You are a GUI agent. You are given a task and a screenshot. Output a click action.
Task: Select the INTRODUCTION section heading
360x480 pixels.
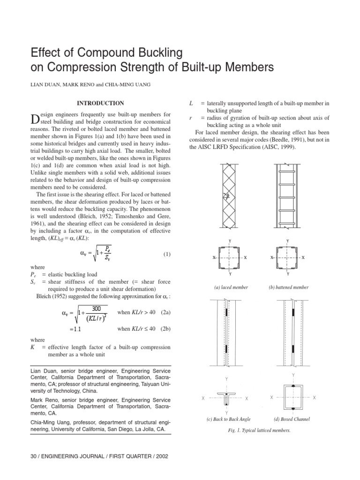pyautogui.click(x=100, y=103)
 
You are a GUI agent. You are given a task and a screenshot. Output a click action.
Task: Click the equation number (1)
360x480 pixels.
pyautogui.click(x=166, y=255)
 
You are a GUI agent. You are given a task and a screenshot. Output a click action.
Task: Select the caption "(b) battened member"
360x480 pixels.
pyautogui.click(x=289, y=287)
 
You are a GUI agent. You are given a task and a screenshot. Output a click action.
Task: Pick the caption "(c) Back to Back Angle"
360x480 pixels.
pyautogui.click(x=232, y=419)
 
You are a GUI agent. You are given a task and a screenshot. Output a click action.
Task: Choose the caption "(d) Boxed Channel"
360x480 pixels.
pyautogui.click(x=292, y=419)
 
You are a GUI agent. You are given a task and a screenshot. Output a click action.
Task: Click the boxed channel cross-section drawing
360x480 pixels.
pyautogui.click(x=293, y=397)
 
